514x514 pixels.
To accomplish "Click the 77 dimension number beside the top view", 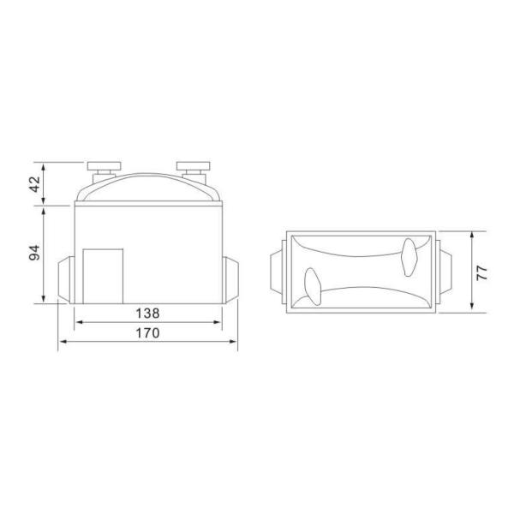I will [x=482, y=272].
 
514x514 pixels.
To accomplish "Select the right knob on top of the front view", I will [x=193, y=165].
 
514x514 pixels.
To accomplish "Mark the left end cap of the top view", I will [x=276, y=272].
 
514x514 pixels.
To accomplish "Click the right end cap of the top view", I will [x=444, y=272].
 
